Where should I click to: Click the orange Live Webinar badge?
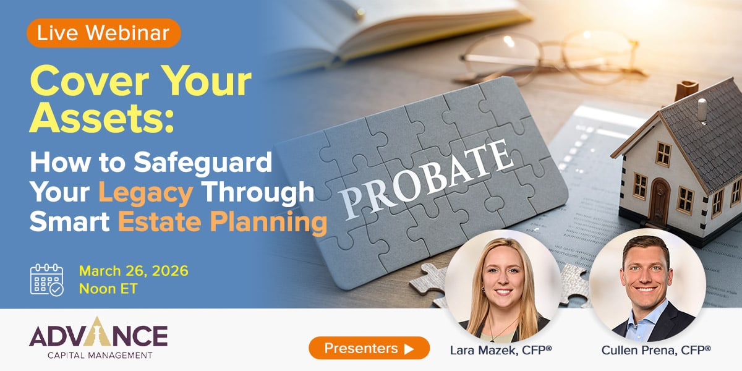103,33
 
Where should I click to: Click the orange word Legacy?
147,193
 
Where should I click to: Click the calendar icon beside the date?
47,280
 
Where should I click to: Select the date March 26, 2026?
134,271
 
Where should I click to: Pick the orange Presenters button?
369,348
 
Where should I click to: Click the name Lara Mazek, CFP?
501,350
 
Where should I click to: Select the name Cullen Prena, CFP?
656,350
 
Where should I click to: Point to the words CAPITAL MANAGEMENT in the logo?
99,355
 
